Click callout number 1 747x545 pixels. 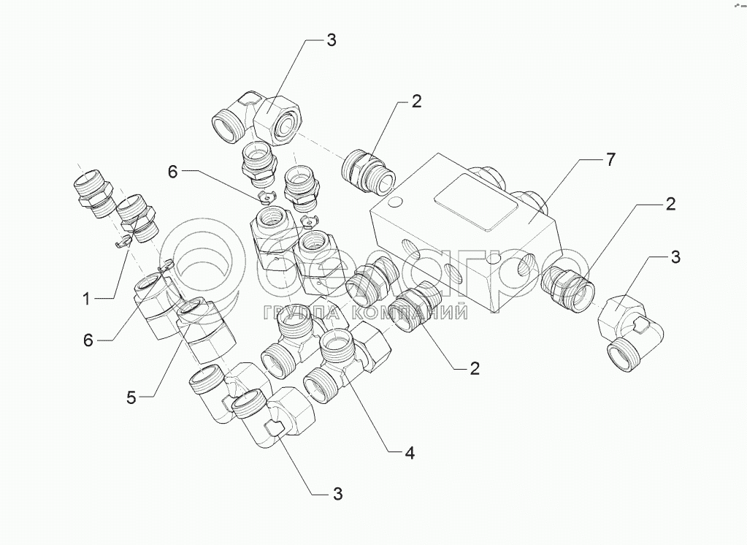[x=87, y=300]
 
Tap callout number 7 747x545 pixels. [x=610, y=160]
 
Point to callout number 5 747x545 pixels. [x=131, y=397]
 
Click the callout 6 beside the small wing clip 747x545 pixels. [x=173, y=172]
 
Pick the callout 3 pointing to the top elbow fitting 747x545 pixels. [x=331, y=40]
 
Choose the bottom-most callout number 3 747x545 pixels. [x=337, y=494]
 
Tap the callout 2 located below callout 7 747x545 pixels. [x=670, y=204]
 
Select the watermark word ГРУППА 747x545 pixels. [x=302, y=312]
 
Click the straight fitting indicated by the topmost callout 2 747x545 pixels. [x=369, y=172]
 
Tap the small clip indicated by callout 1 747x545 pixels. [x=123, y=243]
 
